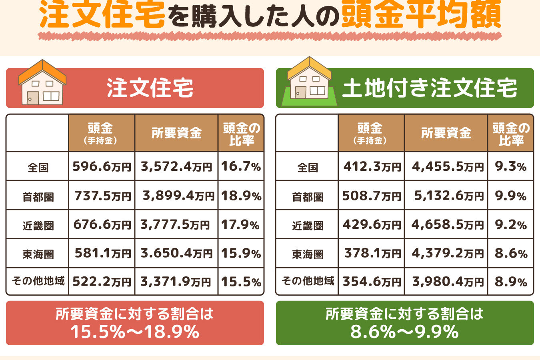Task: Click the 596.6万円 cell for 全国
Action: [x=102, y=166]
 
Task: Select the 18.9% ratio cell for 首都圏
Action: [x=241, y=196]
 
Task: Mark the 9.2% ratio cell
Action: [x=510, y=225]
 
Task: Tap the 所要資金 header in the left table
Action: [x=176, y=133]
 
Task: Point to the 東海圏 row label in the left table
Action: [x=38, y=254]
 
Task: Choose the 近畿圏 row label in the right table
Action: [x=308, y=226]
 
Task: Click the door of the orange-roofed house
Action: [x=32, y=98]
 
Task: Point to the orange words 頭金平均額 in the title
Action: [x=421, y=15]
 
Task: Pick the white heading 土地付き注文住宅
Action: [x=430, y=88]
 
